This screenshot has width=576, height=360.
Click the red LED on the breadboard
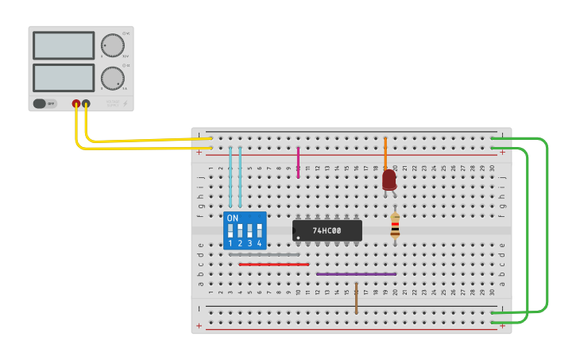click(x=389, y=180)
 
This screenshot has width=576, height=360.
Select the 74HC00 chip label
click(x=327, y=231)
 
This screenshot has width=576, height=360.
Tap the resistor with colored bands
click(x=395, y=226)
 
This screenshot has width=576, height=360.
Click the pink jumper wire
click(x=298, y=161)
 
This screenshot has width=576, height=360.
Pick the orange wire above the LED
click(x=385, y=153)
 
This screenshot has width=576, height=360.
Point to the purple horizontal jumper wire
click(x=356, y=274)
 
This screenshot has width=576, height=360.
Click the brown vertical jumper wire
click(x=356, y=297)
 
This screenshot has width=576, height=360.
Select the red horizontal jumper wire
click(x=273, y=265)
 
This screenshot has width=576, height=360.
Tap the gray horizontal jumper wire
click(x=264, y=254)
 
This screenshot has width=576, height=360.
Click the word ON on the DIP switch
click(x=232, y=218)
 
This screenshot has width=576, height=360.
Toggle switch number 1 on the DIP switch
click(x=230, y=231)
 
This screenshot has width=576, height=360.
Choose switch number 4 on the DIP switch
click(x=259, y=231)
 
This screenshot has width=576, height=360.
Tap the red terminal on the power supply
click(x=76, y=103)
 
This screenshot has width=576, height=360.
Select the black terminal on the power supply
click(x=86, y=103)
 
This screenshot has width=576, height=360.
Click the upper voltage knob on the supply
click(x=112, y=46)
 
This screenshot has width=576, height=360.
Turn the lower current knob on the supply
click(x=112, y=78)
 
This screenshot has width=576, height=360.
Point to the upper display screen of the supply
click(x=64, y=45)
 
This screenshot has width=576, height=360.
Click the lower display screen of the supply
click(x=64, y=77)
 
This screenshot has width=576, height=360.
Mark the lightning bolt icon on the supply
click(x=125, y=103)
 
